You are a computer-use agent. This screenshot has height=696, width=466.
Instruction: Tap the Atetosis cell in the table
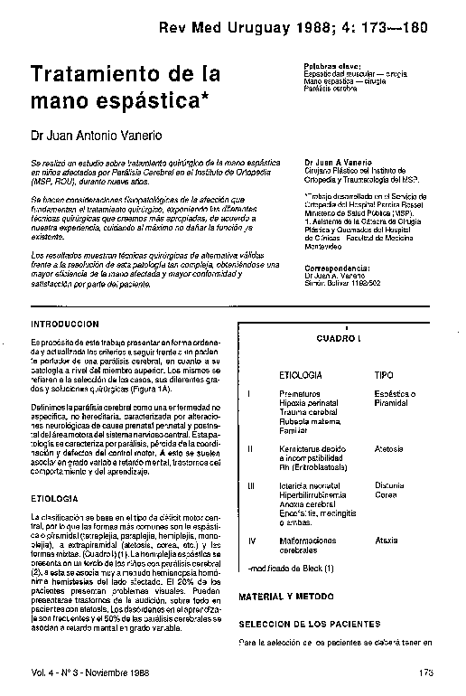[389, 447]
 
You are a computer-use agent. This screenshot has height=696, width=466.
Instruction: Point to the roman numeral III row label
[251, 485]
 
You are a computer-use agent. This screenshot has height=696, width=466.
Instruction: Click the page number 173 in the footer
[428, 672]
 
